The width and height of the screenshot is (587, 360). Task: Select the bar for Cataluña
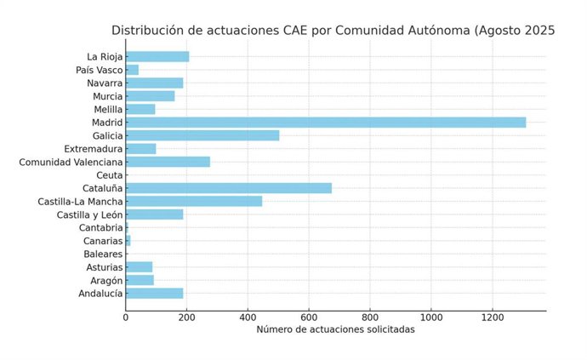pos(229,188)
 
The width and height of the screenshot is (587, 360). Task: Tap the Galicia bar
pos(202,135)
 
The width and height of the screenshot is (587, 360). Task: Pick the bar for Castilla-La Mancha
pos(194,202)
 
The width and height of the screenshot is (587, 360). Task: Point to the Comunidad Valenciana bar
pos(168,162)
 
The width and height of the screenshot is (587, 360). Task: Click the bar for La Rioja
pos(157,57)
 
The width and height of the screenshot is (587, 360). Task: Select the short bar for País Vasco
pos(132,70)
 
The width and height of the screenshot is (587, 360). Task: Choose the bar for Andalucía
pos(154,294)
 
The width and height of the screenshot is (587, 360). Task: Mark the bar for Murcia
pos(150,96)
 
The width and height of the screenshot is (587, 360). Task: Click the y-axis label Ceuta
pos(109,175)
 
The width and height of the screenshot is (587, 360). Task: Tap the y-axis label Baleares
pos(103,254)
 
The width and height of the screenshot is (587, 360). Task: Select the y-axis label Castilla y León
pos(89,214)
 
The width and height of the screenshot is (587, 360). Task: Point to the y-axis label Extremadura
pos(93,149)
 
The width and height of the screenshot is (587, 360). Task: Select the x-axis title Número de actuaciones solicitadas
pos(335,330)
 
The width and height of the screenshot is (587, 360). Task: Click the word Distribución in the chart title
pos(149,31)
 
